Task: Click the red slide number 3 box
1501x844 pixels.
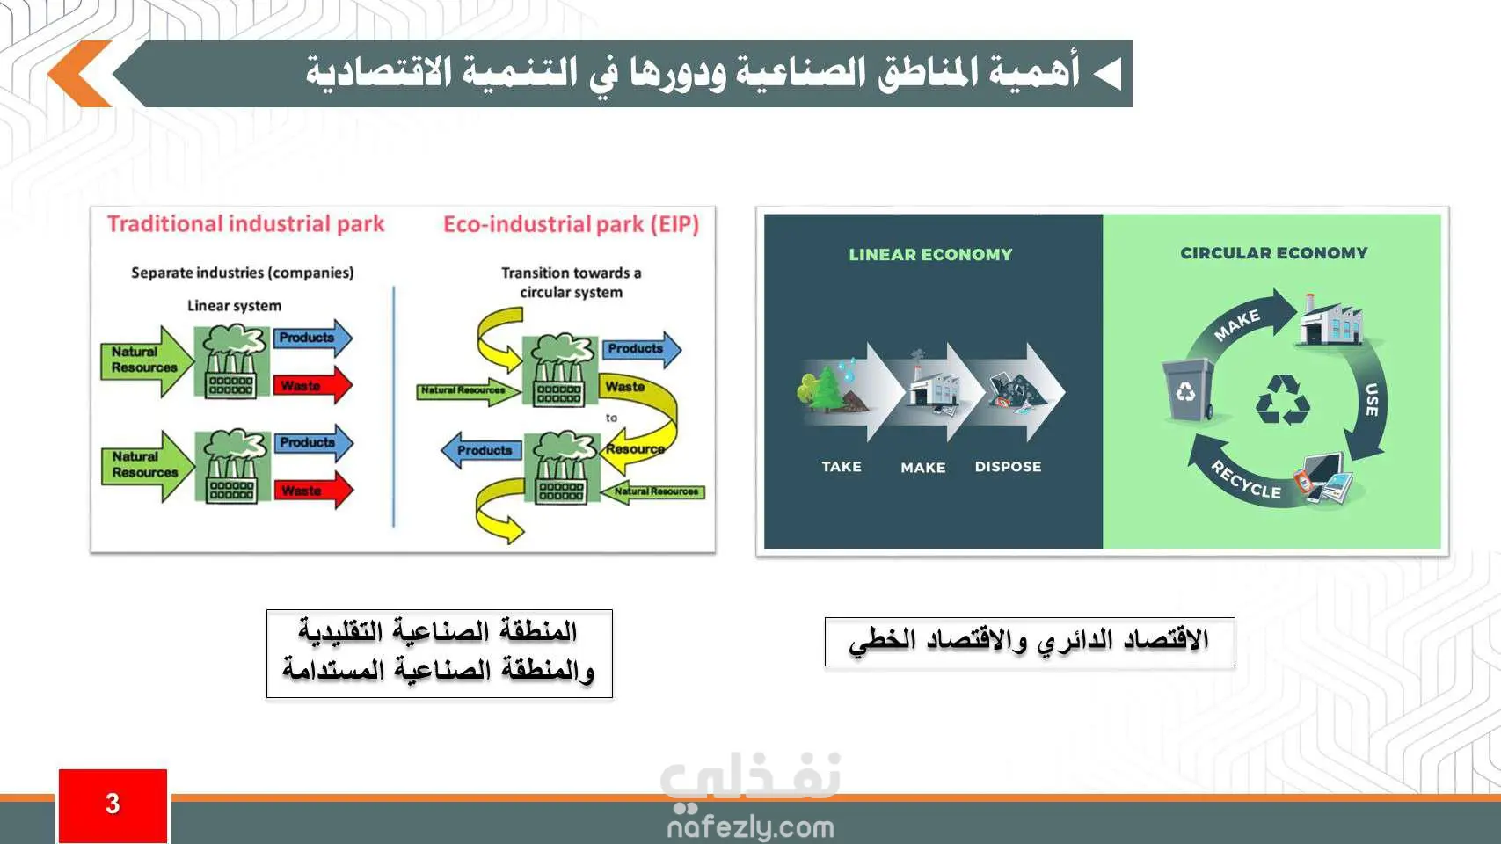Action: tap(113, 806)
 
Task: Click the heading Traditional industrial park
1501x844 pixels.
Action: tap(246, 223)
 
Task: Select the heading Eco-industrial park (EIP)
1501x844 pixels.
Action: tap(571, 223)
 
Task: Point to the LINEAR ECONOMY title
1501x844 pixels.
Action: tap(930, 255)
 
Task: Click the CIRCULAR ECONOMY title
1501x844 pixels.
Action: tap(1274, 253)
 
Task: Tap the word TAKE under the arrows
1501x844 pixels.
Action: tap(842, 467)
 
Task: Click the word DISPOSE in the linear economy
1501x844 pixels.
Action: tap(1008, 467)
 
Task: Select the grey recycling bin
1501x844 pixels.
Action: tap(1188, 389)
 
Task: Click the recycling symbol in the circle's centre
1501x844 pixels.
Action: tap(1282, 400)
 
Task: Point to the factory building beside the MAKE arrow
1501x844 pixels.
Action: tap(1330, 321)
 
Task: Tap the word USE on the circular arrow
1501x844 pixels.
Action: tap(1372, 399)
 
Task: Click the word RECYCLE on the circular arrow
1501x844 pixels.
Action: tap(1245, 480)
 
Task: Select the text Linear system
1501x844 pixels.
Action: tap(234, 306)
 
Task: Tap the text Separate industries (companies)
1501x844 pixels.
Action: tap(242, 273)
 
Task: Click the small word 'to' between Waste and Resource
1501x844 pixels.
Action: tap(611, 418)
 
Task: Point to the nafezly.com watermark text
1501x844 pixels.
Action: tap(751, 827)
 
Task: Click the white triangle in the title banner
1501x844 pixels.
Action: tap(1108, 74)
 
